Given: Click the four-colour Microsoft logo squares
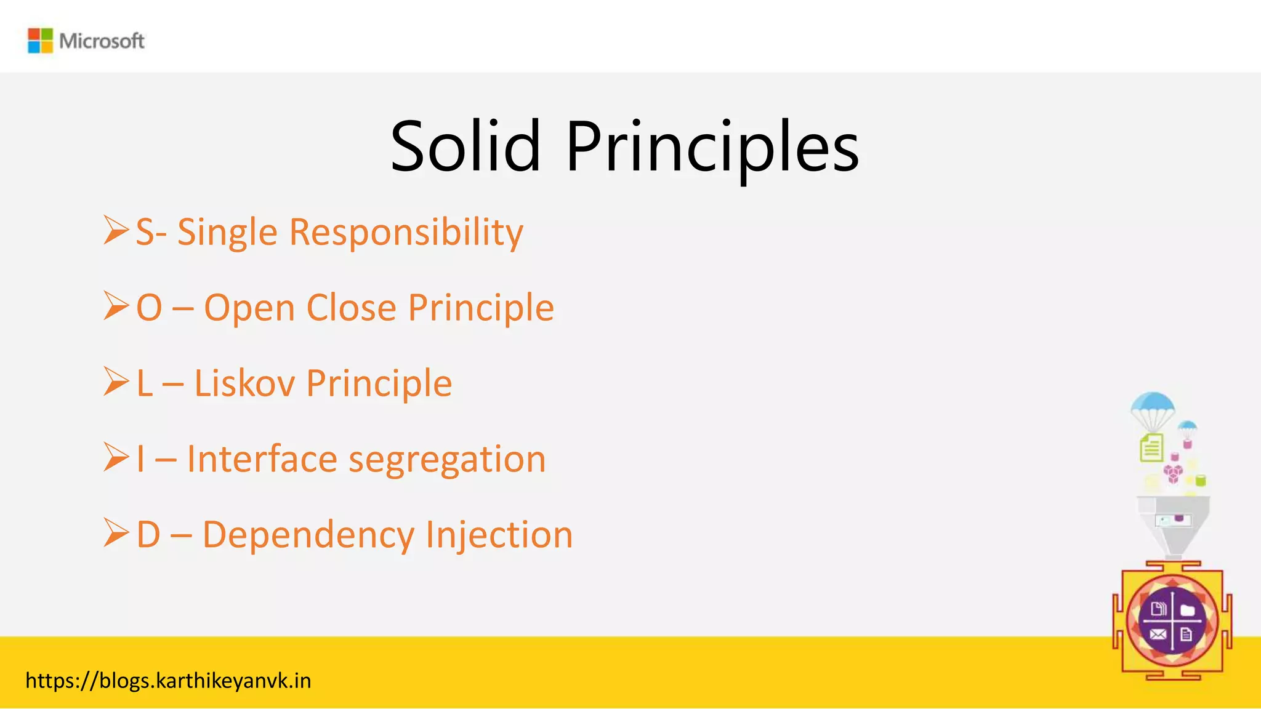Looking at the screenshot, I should pyautogui.click(x=40, y=41).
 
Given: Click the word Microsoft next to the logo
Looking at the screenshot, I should pyautogui.click(x=102, y=41).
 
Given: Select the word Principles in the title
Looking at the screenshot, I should pyautogui.click(x=712, y=148).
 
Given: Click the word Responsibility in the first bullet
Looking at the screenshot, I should pyautogui.click(x=406, y=233).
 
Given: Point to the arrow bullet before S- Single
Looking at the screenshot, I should pyautogui.click(x=116, y=230).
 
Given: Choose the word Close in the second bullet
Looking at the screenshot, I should pyautogui.click(x=351, y=308).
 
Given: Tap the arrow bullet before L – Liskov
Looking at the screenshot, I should pyautogui.click(x=116, y=382).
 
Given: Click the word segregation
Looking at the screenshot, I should pyautogui.click(x=447, y=460).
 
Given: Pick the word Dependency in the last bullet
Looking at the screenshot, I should pyautogui.click(x=308, y=535).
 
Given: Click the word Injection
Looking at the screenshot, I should pyautogui.click(x=499, y=535).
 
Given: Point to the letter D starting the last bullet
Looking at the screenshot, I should pyautogui.click(x=148, y=534).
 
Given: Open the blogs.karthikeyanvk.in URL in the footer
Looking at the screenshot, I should pyautogui.click(x=168, y=681).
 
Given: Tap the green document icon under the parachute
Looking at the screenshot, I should pyautogui.click(x=1151, y=447).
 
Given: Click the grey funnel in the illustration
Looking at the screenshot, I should pyautogui.click(x=1173, y=521).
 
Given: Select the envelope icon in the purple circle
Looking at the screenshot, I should pyautogui.click(x=1158, y=634).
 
